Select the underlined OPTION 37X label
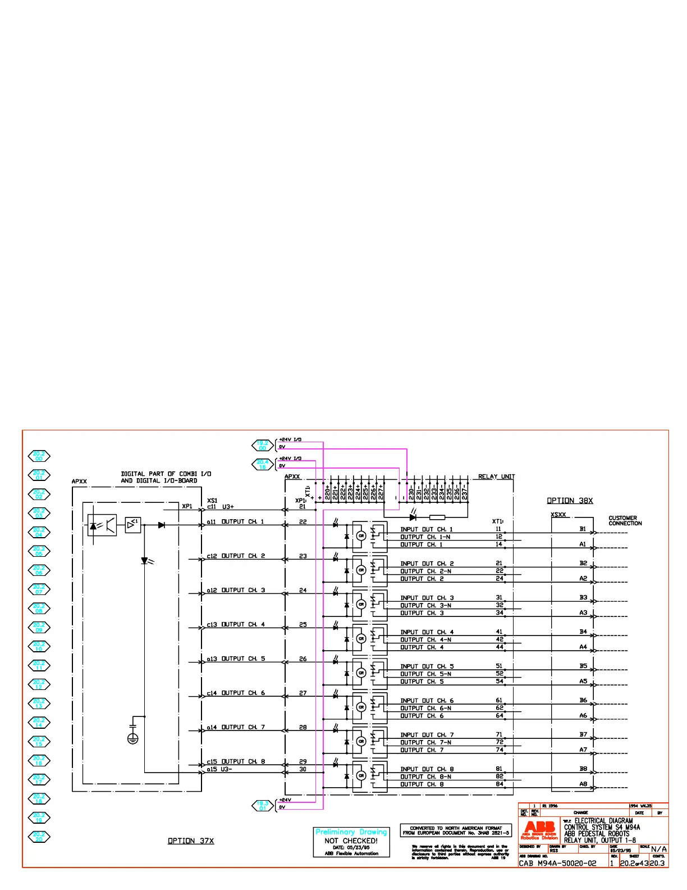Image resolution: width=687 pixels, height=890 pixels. click(191, 841)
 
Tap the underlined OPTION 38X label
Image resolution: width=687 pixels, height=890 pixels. click(570, 501)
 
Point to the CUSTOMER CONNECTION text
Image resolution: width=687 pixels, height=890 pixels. click(625, 521)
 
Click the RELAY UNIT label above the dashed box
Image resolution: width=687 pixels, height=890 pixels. click(496, 476)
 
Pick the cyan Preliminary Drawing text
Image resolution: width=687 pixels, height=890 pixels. click(351, 832)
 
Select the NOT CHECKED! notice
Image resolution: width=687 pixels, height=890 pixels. click(351, 841)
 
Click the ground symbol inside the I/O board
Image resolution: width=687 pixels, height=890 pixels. click(132, 739)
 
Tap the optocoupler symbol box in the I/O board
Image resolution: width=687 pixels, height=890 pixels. click(102, 525)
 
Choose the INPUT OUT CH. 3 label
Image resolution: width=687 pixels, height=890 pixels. click(427, 598)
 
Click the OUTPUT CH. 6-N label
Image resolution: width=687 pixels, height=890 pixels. click(425, 708)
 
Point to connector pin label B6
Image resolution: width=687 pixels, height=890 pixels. click(583, 700)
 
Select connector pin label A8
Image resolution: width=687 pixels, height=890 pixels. click(583, 784)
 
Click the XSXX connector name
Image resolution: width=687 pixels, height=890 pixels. click(558, 515)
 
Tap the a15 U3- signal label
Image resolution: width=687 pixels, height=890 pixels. click(219, 769)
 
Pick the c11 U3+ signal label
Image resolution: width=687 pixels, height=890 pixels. click(220, 507)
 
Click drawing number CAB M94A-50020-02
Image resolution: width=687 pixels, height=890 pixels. click(557, 863)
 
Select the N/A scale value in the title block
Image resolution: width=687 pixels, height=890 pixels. click(659, 849)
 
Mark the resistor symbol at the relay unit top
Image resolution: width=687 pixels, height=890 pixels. click(437, 517)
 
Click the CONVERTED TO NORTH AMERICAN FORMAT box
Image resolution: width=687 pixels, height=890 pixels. click(456, 830)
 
